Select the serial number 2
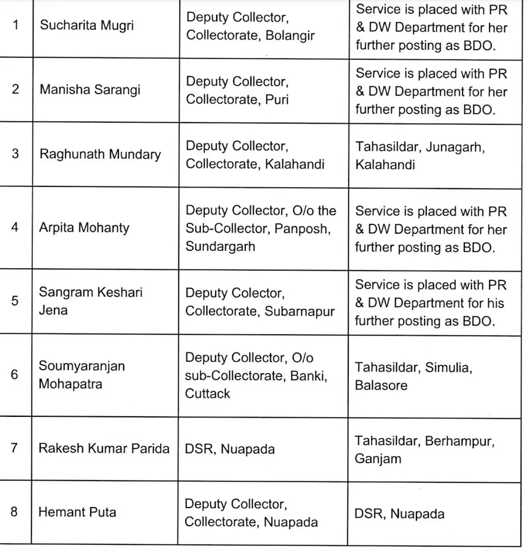pyautogui.click(x=15, y=89)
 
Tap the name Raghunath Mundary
pyautogui.click(x=100, y=154)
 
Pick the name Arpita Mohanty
pyautogui.click(x=84, y=228)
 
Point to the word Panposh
pyautogui.click(x=303, y=228)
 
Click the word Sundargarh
pyautogui.click(x=220, y=246)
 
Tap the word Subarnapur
pyautogui.click(x=300, y=311)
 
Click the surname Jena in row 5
pyautogui.click(x=53, y=310)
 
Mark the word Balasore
pyautogui.click(x=381, y=385)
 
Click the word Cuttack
pyautogui.click(x=207, y=394)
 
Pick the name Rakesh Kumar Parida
pyautogui.click(x=104, y=448)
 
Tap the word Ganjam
pyautogui.click(x=378, y=458)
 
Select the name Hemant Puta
pyautogui.click(x=77, y=512)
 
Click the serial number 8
pyautogui.click(x=14, y=512)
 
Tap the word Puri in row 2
pyautogui.click(x=277, y=100)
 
